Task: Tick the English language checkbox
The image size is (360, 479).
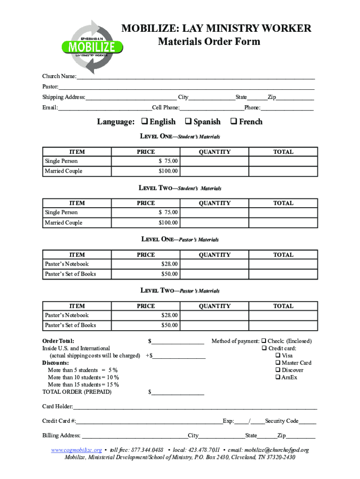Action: pyautogui.click(x=144, y=122)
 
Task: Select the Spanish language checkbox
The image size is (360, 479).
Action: pyautogui.click(x=188, y=122)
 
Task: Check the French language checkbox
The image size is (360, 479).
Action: pyautogui.click(x=234, y=122)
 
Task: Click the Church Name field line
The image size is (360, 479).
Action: pyautogui.click(x=195, y=77)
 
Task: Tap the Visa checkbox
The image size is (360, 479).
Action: pyautogui.click(x=278, y=356)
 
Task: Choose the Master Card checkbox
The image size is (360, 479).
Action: pyautogui.click(x=278, y=363)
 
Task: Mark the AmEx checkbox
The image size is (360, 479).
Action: pyautogui.click(x=278, y=377)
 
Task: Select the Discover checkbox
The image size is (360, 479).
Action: pyautogui.click(x=278, y=370)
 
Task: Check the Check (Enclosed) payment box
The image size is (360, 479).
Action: pyautogui.click(x=264, y=341)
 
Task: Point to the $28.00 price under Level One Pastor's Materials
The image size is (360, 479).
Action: pyautogui.click(x=169, y=264)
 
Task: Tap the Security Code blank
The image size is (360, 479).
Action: pyautogui.click(x=307, y=421)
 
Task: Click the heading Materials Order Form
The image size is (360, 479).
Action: pyautogui.click(x=209, y=42)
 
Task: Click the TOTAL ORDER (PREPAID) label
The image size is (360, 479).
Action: pyautogui.click(x=77, y=392)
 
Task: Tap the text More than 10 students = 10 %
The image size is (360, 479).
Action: pyautogui.click(x=83, y=377)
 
